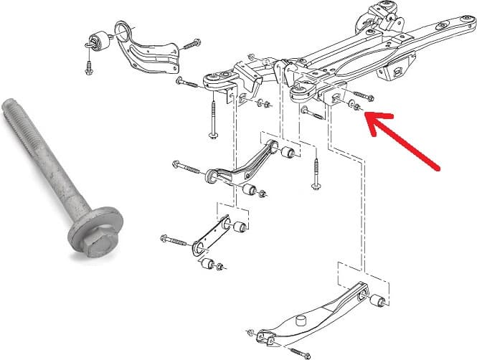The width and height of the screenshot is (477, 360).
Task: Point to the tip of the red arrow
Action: [x=367, y=116]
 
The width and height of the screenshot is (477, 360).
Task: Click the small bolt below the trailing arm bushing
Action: [x=88, y=69]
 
